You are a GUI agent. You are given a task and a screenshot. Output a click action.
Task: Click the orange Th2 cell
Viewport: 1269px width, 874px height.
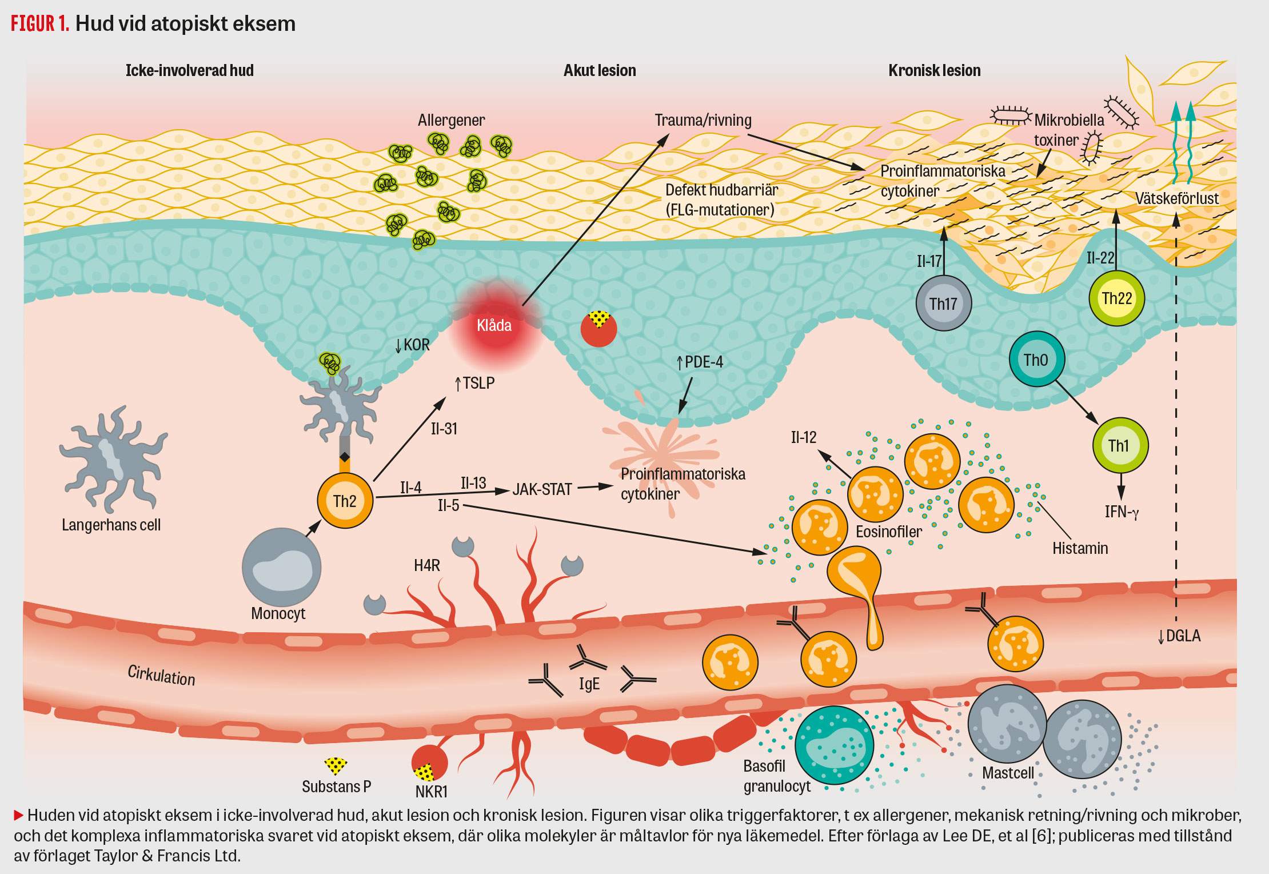pos(345,501)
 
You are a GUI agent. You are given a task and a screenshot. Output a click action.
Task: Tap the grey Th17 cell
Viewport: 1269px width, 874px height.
pos(943,303)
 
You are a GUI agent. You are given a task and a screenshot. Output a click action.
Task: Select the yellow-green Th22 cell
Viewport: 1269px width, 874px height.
pos(1116,298)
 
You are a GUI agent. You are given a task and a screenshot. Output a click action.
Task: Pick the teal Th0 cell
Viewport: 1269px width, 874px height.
pos(1036,360)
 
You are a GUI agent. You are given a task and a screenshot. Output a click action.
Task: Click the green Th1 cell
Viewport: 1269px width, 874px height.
pos(1119,445)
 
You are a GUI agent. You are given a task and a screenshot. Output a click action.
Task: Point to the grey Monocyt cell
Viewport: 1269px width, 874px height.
pos(281,568)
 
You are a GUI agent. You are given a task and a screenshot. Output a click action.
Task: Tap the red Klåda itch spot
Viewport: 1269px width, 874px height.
pos(494,325)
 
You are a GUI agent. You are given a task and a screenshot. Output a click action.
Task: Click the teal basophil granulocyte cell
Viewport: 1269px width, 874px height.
pos(834,746)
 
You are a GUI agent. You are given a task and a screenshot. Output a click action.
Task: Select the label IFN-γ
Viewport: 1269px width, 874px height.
pos(1122,511)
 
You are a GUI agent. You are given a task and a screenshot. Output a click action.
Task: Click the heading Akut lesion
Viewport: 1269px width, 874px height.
pos(600,70)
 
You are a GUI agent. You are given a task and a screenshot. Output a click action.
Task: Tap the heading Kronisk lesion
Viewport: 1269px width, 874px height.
pos(934,70)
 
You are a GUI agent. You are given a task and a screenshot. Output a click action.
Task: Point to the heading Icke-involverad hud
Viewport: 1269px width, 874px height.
pos(189,70)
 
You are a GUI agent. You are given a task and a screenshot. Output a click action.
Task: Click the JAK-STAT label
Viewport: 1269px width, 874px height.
pos(542,489)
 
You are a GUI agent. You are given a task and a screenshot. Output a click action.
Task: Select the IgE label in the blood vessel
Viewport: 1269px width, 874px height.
pos(589,684)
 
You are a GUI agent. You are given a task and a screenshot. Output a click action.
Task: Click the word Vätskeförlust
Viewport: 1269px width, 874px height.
pos(1176,198)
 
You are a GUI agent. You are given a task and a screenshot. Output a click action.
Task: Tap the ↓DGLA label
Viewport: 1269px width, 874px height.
pos(1179,636)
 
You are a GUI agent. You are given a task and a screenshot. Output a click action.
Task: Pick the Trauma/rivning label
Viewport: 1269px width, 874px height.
pos(703,120)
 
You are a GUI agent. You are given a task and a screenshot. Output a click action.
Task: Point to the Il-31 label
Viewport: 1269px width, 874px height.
pos(444,428)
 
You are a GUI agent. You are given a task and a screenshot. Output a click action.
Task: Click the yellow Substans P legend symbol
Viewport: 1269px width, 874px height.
pos(336,765)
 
